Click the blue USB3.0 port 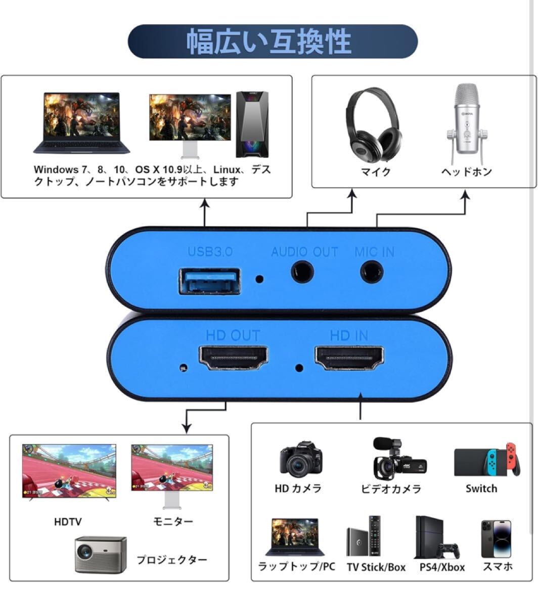[209, 281]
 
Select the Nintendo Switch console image [487, 460]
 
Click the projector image [101, 554]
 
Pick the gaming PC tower [252, 124]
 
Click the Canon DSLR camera [301, 459]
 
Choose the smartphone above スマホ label [496, 539]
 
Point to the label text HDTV [68, 522]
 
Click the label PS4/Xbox [442, 567]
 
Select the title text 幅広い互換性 [269, 41]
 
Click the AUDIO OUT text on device [304, 251]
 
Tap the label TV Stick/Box [376, 567]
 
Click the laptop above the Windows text [82, 122]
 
